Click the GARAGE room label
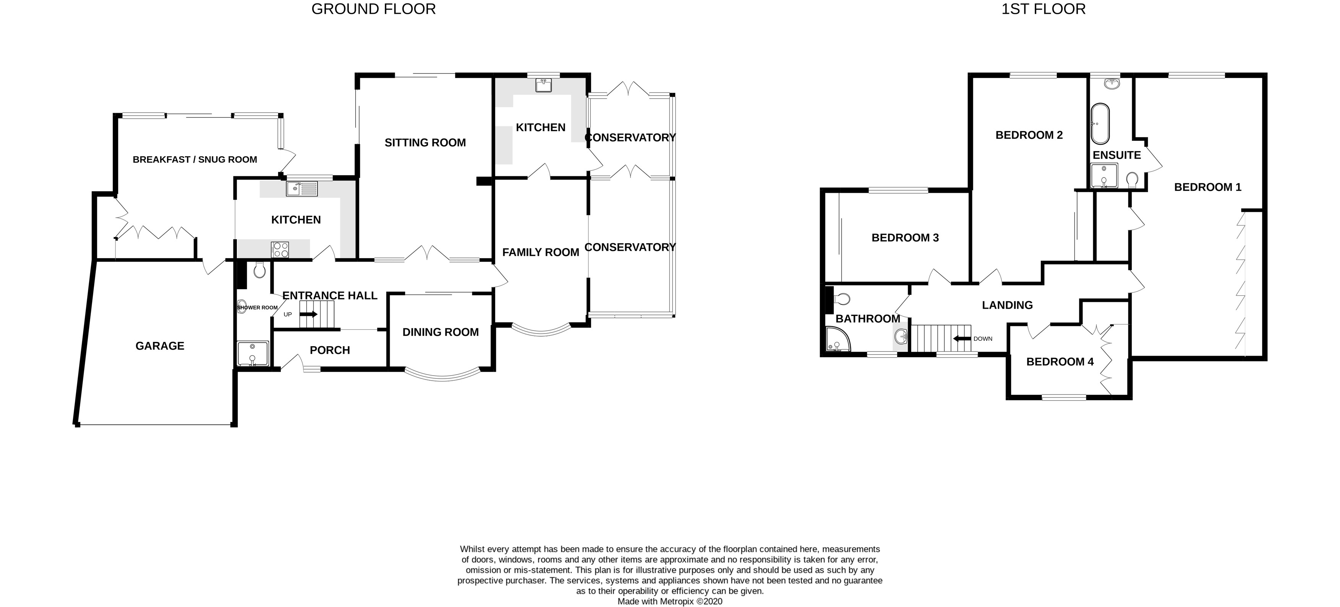pos(160,346)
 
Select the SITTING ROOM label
pos(425,143)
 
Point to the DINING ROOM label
pos(441,332)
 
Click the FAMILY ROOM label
pos(541,252)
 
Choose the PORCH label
pos(330,350)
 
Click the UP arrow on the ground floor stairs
pos(308,314)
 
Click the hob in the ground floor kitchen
pos(280,250)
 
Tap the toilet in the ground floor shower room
pos(259,270)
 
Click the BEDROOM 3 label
pos(905,238)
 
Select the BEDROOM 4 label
pos(1060,362)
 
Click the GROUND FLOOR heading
pos(373,9)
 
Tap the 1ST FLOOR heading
pos(1043,9)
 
